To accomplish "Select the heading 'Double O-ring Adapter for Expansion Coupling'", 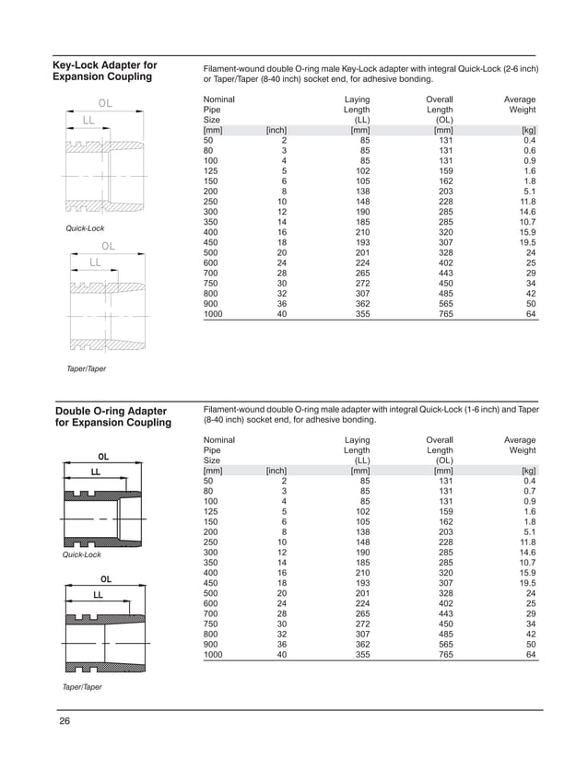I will [112, 415].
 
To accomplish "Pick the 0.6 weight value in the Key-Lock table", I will [529, 150].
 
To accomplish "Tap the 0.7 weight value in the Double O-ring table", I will [529, 493].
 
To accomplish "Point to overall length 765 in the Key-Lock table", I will [444, 313].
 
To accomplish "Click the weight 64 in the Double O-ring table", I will [530, 655].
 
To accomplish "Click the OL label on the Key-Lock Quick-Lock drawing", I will [105, 102].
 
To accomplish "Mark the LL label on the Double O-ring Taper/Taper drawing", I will [97, 595].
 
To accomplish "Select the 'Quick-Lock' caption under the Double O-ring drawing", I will [80, 555].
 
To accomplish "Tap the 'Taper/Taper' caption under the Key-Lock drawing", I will [84, 368].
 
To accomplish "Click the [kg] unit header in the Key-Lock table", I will [528, 130].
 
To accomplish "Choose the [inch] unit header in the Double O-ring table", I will [276, 472].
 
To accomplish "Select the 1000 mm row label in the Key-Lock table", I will [213, 313].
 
